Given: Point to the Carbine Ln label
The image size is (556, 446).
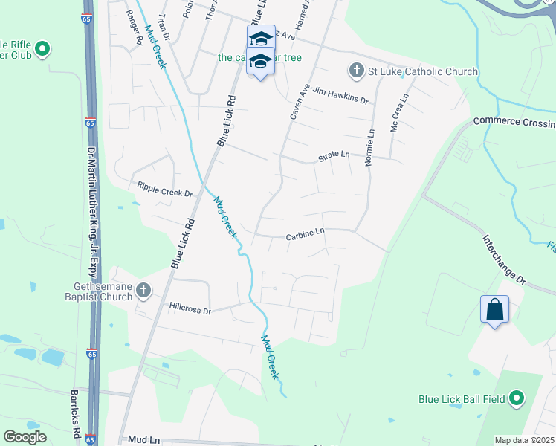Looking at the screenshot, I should click(306, 236).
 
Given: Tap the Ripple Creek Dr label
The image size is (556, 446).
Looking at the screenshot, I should click(164, 189).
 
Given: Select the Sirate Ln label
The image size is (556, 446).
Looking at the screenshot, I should click(334, 155).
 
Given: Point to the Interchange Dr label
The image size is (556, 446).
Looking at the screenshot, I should click(504, 261).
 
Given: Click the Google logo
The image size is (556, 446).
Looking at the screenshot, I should click(25, 437).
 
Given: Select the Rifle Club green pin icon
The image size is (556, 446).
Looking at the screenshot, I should click(42, 49).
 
